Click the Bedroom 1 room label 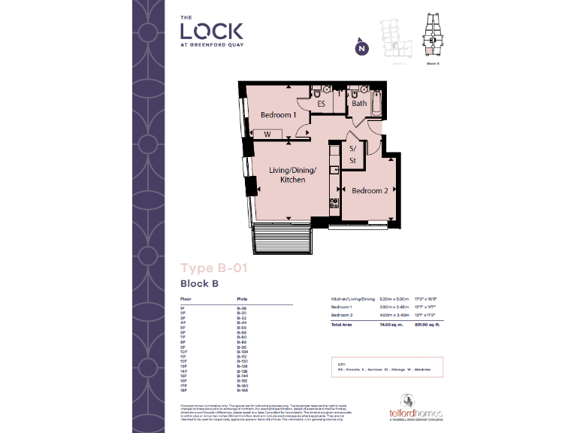pos(278,115)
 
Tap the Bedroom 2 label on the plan pos(370,191)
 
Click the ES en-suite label pos(321,104)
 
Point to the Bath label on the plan pos(359,103)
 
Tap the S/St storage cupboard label pos(352,155)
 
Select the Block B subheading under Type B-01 pos(198,283)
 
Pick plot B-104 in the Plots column pos(243,352)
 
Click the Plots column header pos(242,299)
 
